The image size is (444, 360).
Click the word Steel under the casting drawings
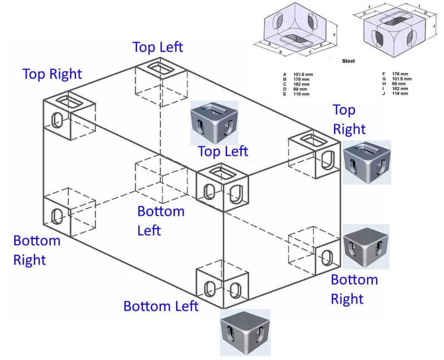point(349,61)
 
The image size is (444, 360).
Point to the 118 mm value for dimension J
point(400,93)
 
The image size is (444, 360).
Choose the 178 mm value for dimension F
point(400,74)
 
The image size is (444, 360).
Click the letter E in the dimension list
point(284,93)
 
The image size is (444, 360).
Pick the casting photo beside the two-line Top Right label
point(367,161)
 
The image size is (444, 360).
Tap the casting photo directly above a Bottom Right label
point(366,246)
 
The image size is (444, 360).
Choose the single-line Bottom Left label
point(160,306)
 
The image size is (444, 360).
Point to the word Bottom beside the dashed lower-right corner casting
point(354,280)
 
